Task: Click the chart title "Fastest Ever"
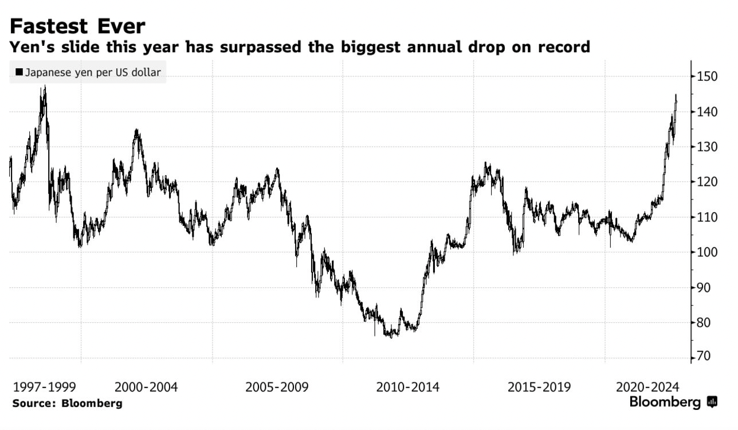click(77, 26)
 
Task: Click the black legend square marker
click(19, 73)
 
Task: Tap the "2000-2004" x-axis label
click(146, 387)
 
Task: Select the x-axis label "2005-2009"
click(277, 387)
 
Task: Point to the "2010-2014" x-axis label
click(408, 387)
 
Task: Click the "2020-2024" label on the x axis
click(647, 387)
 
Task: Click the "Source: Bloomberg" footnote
click(67, 403)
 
